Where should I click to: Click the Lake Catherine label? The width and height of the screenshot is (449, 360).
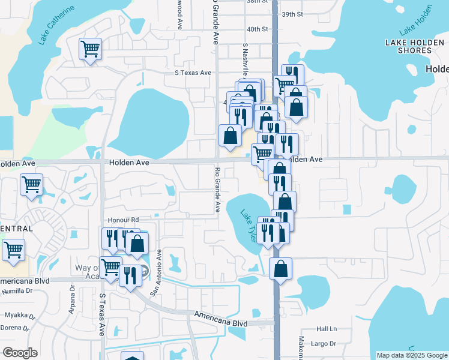(x=56, y=26)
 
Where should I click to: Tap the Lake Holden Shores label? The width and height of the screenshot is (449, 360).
(x=409, y=46)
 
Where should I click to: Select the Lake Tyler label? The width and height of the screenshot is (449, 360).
(x=250, y=225)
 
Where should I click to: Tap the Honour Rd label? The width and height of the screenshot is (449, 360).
(x=123, y=220)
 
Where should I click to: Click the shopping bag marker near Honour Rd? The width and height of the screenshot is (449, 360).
(x=137, y=243)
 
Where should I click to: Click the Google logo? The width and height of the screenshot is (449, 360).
(x=20, y=352)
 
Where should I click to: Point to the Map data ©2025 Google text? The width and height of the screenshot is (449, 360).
(x=411, y=355)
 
